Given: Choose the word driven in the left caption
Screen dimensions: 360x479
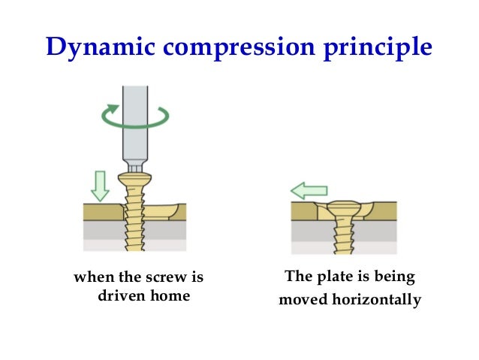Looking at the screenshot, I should [122, 296].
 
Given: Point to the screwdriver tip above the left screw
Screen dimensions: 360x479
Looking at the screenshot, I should [136, 167].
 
